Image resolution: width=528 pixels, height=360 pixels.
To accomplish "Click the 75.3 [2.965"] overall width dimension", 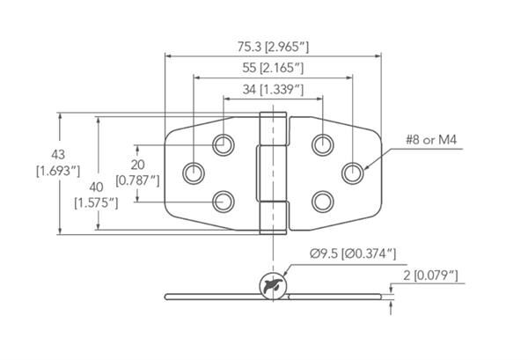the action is (273, 47).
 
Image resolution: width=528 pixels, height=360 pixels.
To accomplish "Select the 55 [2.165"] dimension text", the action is (273, 68).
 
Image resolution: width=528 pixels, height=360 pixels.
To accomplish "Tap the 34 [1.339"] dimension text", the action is (273, 90).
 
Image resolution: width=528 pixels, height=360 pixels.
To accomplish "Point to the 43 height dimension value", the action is (58, 155).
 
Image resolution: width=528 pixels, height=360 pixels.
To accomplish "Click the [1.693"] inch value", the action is (58, 171).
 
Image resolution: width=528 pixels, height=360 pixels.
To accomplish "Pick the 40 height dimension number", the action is (96, 187).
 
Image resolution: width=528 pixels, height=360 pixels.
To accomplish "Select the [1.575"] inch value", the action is (96, 203).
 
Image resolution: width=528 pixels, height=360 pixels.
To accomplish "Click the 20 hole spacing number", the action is (137, 165).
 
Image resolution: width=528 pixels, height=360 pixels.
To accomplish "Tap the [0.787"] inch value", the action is (137, 180).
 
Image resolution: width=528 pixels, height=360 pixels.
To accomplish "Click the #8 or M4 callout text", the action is (431, 139).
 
